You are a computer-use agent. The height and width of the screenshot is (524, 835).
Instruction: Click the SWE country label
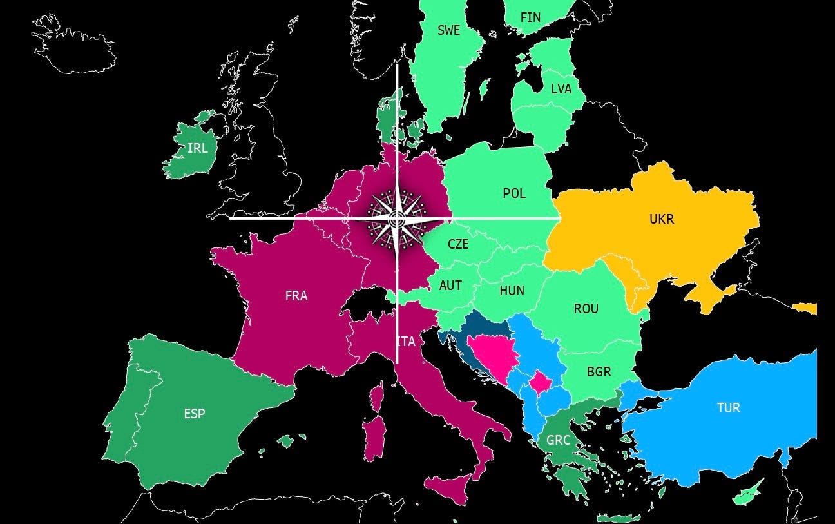point(448,30)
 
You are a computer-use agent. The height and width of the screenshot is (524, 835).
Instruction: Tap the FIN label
point(530,17)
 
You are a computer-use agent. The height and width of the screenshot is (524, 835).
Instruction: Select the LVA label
point(561,89)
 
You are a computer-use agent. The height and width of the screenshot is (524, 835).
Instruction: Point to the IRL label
point(197,148)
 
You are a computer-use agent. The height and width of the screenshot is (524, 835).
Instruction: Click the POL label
point(514,193)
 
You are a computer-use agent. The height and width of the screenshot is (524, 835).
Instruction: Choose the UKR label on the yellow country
point(662,219)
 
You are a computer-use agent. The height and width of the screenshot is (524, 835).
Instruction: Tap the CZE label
point(458,245)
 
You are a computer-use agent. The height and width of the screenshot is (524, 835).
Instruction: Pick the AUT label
point(450,286)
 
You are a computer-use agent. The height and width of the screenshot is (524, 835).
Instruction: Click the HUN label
point(512,291)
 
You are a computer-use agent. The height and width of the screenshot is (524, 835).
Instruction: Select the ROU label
point(586,309)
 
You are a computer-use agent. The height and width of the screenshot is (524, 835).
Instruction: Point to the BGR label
point(599,372)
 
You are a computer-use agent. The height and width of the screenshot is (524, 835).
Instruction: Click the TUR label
point(729,408)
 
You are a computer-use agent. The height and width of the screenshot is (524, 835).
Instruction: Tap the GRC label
point(558,441)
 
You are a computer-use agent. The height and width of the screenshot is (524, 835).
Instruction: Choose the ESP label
point(195,414)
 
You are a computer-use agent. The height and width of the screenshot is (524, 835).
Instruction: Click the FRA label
point(296,296)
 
